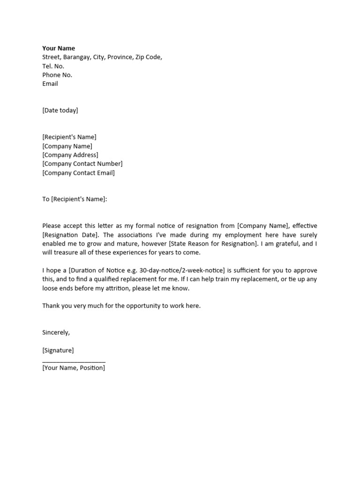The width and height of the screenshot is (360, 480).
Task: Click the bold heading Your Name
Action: pyautogui.click(x=59, y=48)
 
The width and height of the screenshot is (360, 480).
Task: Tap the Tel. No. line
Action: pyautogui.click(x=53, y=66)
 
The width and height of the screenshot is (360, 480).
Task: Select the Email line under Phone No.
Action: pyautogui.click(x=50, y=84)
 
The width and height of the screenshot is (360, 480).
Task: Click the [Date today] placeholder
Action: pyautogui.click(x=60, y=111)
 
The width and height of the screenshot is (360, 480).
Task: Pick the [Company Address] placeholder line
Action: pyautogui.click(x=70, y=155)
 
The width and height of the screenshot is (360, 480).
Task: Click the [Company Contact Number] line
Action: pyautogui.click(x=82, y=164)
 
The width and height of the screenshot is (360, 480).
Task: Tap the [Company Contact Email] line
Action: pyautogui.click(x=78, y=173)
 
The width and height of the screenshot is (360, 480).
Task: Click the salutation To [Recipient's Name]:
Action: pyautogui.click(x=75, y=199)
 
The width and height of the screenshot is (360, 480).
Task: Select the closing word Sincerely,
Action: pyautogui.click(x=56, y=332)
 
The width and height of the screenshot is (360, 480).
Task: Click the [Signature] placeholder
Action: pyautogui.click(x=58, y=350)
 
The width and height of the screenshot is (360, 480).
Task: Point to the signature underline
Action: pyautogui.click(x=74, y=362)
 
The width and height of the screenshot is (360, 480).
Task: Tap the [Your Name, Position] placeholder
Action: pyautogui.click(x=74, y=368)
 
